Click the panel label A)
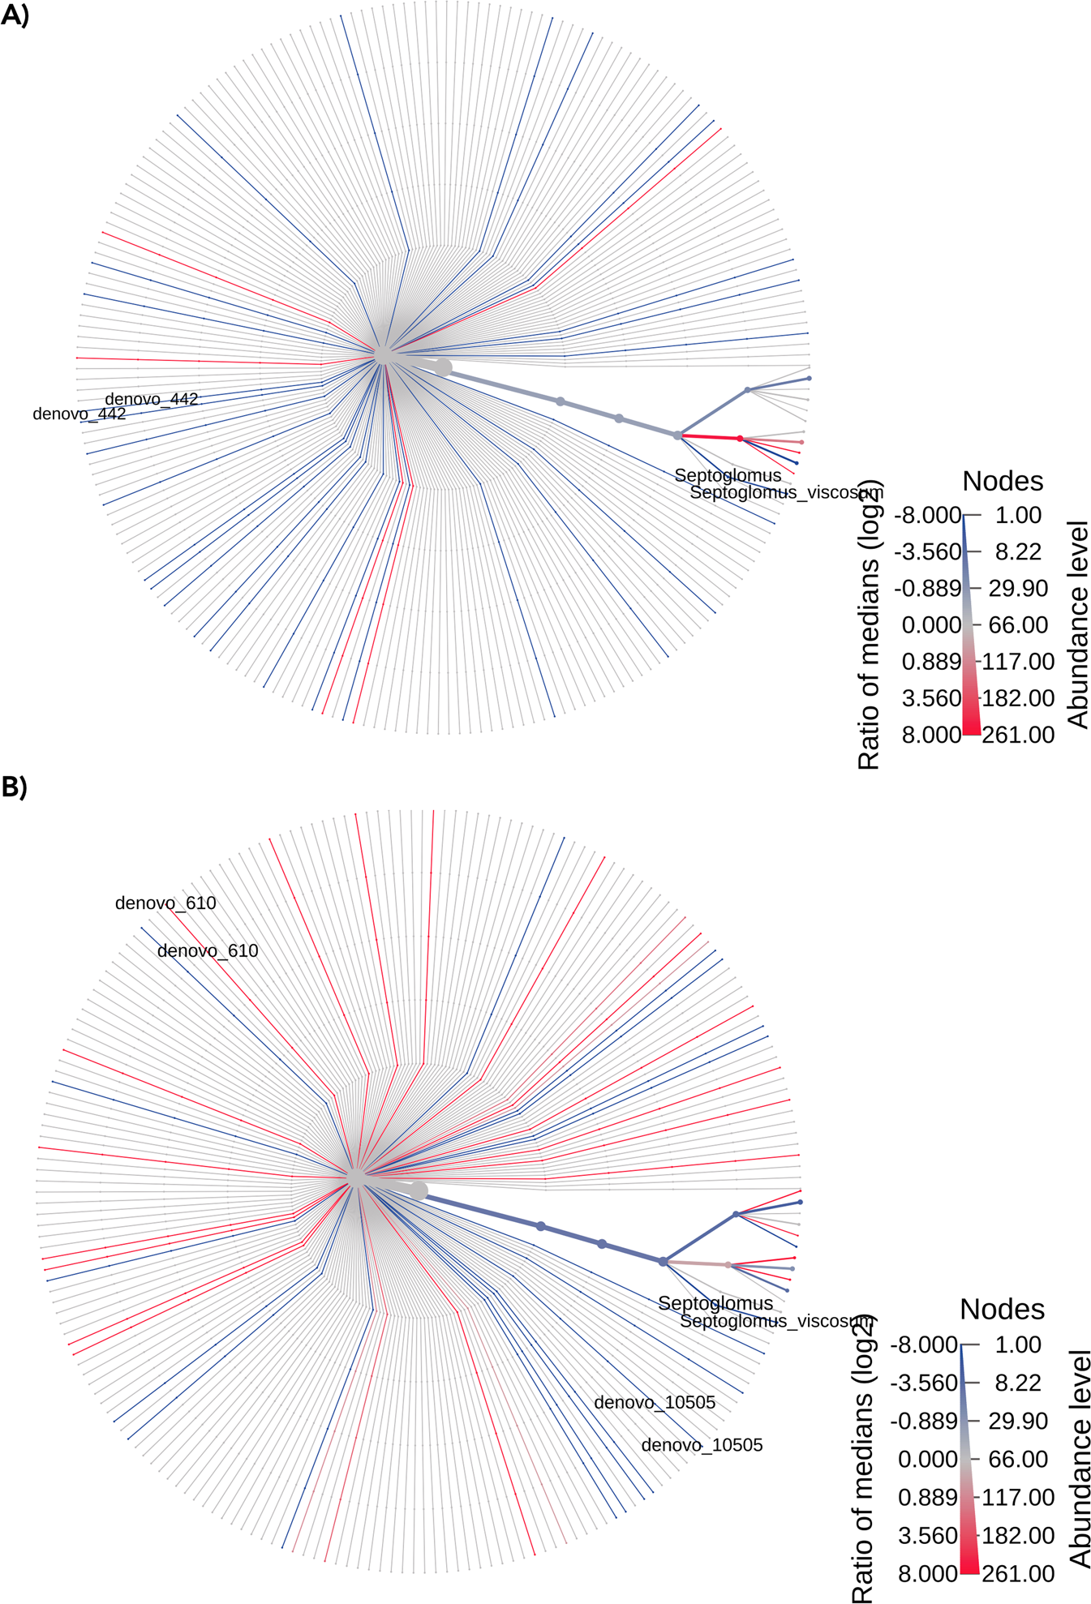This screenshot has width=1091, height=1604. pos(15,15)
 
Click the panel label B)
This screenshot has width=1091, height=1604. pos(15,787)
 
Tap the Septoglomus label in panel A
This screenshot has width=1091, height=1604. pos(728,475)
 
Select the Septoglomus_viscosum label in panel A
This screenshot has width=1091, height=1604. pos(786,492)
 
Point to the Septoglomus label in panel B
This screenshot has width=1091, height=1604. pos(715,1303)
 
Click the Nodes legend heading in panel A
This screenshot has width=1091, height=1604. pos(1003,482)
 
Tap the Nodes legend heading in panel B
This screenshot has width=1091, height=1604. pos(1002,1310)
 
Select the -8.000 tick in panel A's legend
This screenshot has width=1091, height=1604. pos(927,515)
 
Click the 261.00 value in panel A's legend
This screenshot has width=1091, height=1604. pos(1018,735)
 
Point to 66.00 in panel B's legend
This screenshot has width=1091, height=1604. pos(1018,1460)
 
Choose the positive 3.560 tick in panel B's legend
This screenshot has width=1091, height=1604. pos(928,1536)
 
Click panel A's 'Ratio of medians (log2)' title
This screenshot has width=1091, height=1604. pos(869,624)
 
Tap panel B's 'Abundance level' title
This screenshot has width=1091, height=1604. pos(1079,1458)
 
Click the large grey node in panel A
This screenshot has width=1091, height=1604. pos(442,367)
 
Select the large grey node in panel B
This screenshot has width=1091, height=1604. pos(419,1190)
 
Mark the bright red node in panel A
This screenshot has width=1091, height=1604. pos(740,439)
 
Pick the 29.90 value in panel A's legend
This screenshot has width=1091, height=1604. pos(1018,588)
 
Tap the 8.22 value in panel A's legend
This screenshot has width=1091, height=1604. pos(1018,551)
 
